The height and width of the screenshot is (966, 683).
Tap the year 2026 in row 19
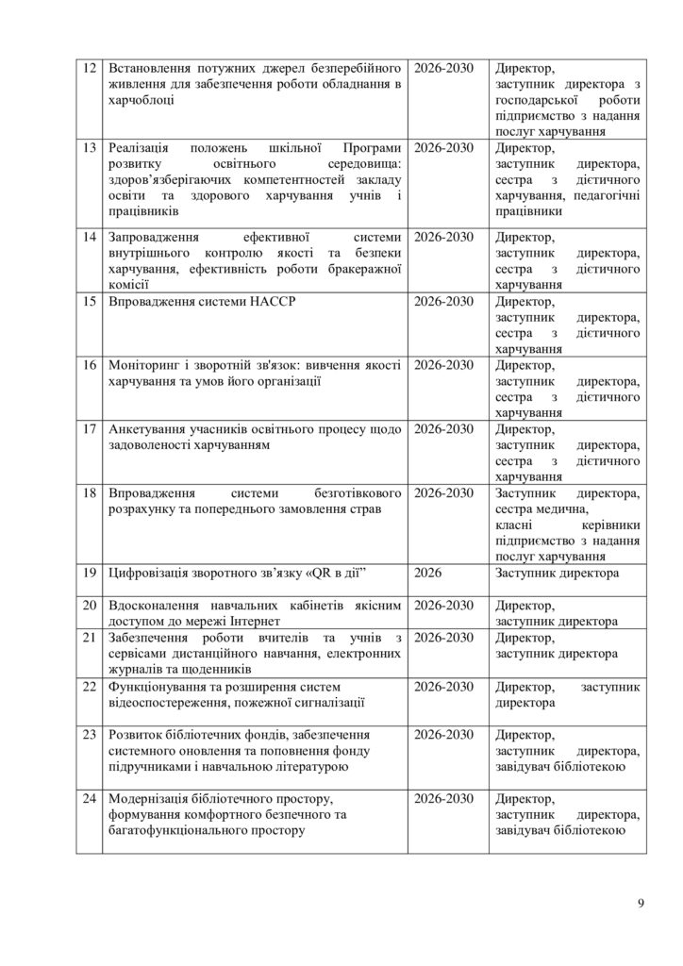431,573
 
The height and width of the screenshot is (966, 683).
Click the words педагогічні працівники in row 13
567,203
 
